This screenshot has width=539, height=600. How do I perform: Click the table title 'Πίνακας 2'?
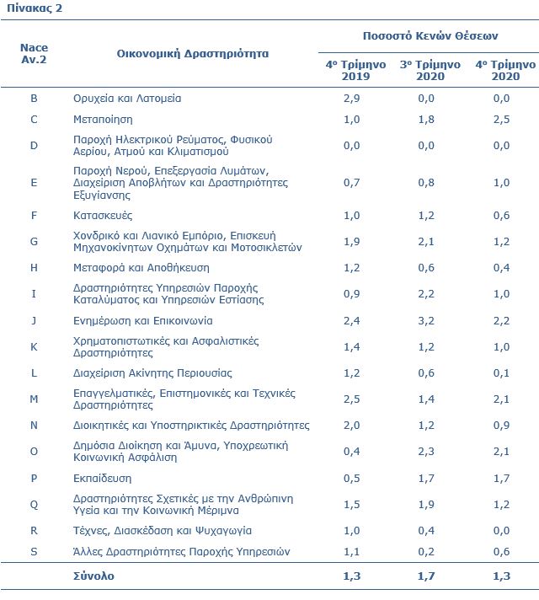[35, 8]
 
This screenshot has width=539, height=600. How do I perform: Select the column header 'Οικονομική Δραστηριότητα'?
[192, 54]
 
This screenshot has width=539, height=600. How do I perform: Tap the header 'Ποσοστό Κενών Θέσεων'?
[430, 36]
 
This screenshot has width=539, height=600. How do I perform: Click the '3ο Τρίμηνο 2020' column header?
[430, 70]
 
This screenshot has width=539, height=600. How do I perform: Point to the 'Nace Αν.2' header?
[34, 54]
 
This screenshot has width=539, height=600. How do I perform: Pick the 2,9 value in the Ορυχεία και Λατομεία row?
[351, 99]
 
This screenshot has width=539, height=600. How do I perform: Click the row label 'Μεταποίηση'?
[103, 120]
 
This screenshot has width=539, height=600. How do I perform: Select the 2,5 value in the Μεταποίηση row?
[501, 120]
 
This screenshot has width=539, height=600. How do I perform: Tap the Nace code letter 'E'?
[34, 183]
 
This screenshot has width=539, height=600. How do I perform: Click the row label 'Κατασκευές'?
[103, 216]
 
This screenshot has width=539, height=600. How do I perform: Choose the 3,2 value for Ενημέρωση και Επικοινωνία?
[426, 321]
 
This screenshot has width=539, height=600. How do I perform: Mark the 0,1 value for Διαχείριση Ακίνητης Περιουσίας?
[501, 373]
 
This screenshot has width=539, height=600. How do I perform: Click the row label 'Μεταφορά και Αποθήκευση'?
[141, 268]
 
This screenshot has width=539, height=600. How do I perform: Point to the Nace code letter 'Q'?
[34, 505]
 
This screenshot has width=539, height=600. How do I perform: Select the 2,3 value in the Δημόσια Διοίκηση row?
[426, 452]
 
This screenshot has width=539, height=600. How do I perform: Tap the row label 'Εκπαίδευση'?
[102, 479]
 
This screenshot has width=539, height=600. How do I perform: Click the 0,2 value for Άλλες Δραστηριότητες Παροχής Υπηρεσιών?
[426, 551]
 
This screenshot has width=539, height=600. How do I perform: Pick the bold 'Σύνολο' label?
[93, 576]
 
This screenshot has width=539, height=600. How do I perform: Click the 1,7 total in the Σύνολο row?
[426, 576]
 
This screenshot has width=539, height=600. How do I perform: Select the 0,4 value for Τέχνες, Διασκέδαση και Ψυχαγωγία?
[426, 531]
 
